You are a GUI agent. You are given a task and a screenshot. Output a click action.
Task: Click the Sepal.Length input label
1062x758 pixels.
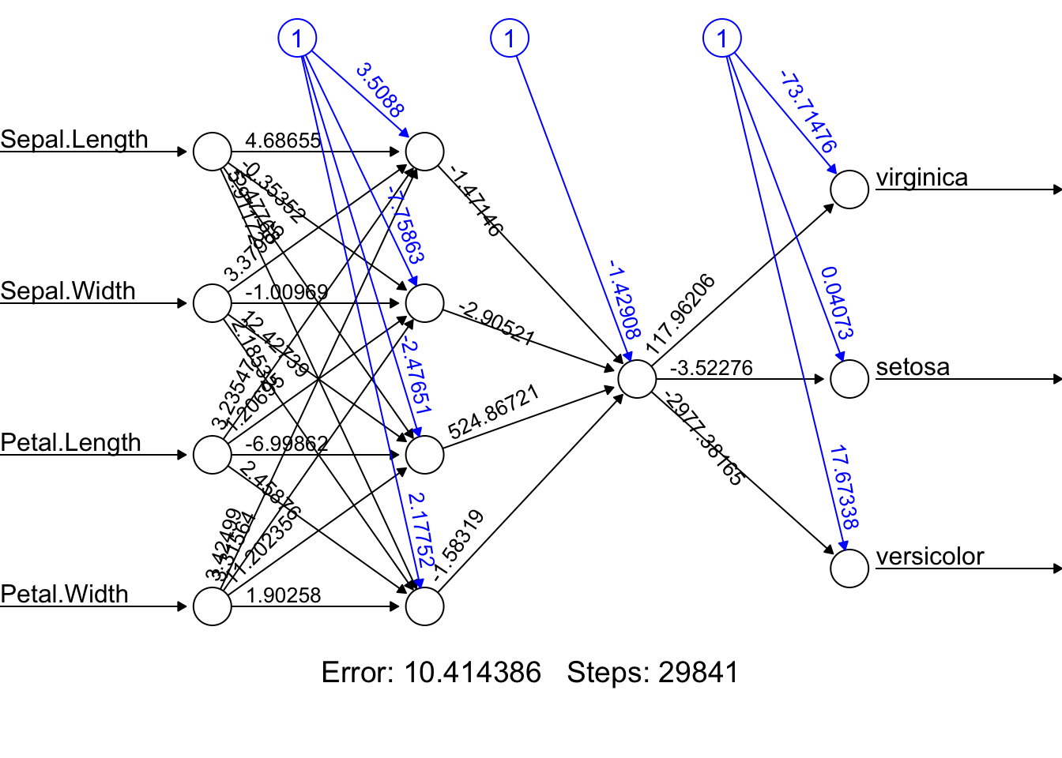pos(74,140)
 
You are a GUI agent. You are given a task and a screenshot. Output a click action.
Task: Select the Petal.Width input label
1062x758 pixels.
pos(64,595)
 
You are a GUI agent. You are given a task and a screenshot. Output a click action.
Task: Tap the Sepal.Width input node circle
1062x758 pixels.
pos(213,303)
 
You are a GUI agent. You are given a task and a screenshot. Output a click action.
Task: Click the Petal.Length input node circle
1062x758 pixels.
pos(213,455)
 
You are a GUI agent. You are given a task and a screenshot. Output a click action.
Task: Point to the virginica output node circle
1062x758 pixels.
pos(849,189)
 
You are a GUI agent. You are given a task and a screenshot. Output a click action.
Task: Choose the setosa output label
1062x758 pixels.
pos(913,367)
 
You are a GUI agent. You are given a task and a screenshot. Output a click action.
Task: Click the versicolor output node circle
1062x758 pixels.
pos(849,568)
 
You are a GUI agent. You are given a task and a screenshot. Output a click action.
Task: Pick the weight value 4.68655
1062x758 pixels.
pos(283,141)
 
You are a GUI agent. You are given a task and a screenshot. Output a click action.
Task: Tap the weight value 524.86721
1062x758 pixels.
pos(494,412)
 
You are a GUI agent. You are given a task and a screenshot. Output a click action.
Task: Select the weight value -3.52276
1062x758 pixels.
pos(711,368)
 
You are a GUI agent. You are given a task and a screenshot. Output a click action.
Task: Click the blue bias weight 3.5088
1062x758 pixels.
pos(380,90)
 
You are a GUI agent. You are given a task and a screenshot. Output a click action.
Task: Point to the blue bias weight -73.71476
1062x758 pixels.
pos(808,111)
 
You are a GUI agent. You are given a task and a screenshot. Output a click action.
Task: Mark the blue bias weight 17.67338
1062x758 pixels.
pos(843,487)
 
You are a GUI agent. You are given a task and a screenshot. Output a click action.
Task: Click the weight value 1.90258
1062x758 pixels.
pos(284,595)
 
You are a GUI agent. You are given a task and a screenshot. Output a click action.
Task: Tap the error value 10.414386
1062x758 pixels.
pos(473,673)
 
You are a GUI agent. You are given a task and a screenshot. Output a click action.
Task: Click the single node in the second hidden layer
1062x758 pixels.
pos(637,379)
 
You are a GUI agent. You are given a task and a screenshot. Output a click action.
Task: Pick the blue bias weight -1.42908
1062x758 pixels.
pos(623,298)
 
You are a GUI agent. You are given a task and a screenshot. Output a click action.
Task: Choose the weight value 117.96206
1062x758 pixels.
pos(680,314)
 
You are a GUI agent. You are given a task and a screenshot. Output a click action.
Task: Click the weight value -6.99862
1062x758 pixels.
pos(286,444)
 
